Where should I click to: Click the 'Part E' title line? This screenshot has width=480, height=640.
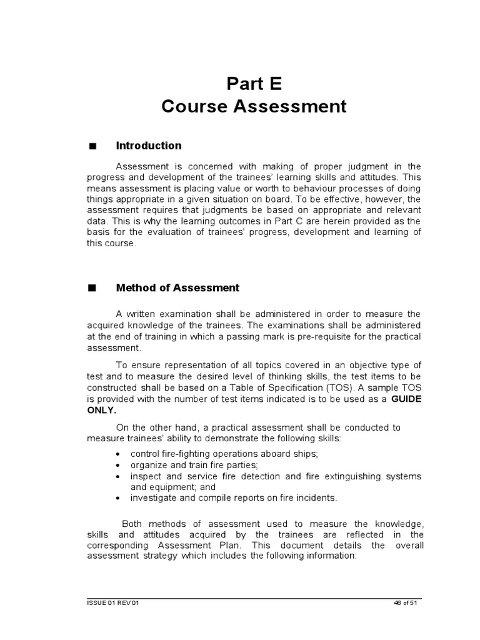coord(254,83)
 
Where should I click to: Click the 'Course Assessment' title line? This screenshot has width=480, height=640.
coord(254,107)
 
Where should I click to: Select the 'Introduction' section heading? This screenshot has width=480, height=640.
coord(149,146)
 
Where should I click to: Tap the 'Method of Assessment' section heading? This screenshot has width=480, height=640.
coord(177,288)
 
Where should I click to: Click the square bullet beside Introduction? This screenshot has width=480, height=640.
coord(93,146)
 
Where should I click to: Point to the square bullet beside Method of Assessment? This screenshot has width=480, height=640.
coord(93,289)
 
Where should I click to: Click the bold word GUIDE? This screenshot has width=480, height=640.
coord(406,399)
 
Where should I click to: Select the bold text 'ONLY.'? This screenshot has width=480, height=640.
coord(102,410)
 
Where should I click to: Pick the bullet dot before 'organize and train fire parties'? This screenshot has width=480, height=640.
coord(119,466)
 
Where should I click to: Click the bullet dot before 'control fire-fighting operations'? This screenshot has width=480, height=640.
coord(119,454)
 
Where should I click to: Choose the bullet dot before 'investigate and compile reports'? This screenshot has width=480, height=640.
coord(119,498)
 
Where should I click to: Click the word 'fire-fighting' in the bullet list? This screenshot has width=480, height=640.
coord(184,454)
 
